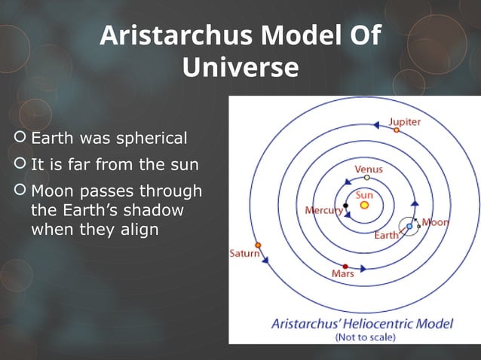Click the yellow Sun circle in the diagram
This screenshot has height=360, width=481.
[365, 205]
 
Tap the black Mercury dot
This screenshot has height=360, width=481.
[345, 205]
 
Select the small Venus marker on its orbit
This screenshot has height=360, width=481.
[366, 178]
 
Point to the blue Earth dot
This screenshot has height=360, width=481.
[409, 226]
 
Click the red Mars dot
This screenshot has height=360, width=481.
[345, 267]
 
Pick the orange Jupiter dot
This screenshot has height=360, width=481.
[396, 130]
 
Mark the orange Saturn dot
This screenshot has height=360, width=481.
[258, 246]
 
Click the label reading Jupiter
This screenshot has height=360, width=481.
[405, 121]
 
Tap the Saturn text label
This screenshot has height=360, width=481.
[244, 255]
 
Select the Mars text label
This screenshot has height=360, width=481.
[343, 274]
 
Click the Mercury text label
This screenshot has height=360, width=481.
[323, 211]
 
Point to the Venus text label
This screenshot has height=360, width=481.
[368, 169]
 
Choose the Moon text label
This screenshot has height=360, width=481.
[435, 222]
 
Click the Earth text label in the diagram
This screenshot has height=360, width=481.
[387, 235]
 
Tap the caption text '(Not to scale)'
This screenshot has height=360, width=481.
[364, 337]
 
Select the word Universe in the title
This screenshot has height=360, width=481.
[240, 68]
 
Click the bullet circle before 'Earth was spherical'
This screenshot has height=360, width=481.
[19, 139]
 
